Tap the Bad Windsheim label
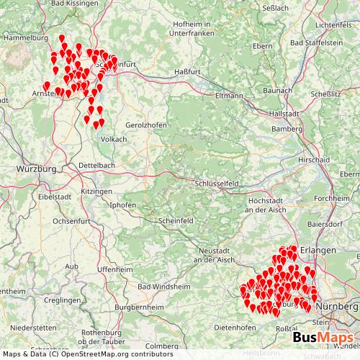[164, 286]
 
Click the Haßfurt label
[187, 72]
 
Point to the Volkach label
[114, 139]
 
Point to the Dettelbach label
[96, 165]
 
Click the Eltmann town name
[230, 95]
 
